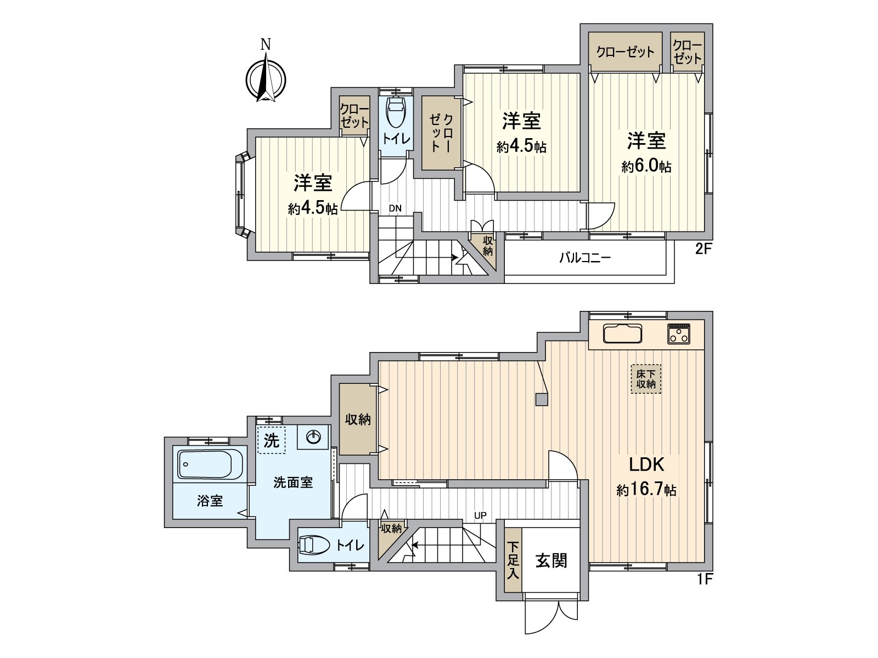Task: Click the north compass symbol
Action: coord(266,77)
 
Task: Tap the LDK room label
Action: coord(646,464)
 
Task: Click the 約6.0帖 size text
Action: coord(646,167)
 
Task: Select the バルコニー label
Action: coord(585,257)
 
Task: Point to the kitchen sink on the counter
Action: coord(622,333)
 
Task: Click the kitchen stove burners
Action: coord(679,334)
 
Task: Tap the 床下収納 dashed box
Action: coord(646,379)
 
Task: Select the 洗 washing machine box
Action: coord(272,440)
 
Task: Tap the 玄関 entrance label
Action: coord(551,560)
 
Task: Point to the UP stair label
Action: coord(480,515)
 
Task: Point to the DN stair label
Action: coord(395,208)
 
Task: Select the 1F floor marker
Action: coord(704,579)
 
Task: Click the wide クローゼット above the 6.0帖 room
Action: coord(625,52)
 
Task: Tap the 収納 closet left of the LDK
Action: coord(358,419)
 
